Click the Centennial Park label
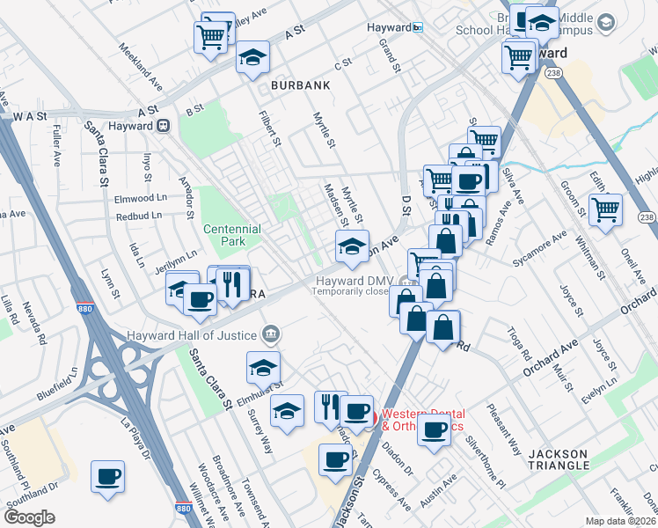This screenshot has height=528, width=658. point(232,234)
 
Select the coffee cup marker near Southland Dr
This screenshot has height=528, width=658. point(107,476)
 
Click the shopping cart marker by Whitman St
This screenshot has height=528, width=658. point(605,210)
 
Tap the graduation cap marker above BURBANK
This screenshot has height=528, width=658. point(252,57)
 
